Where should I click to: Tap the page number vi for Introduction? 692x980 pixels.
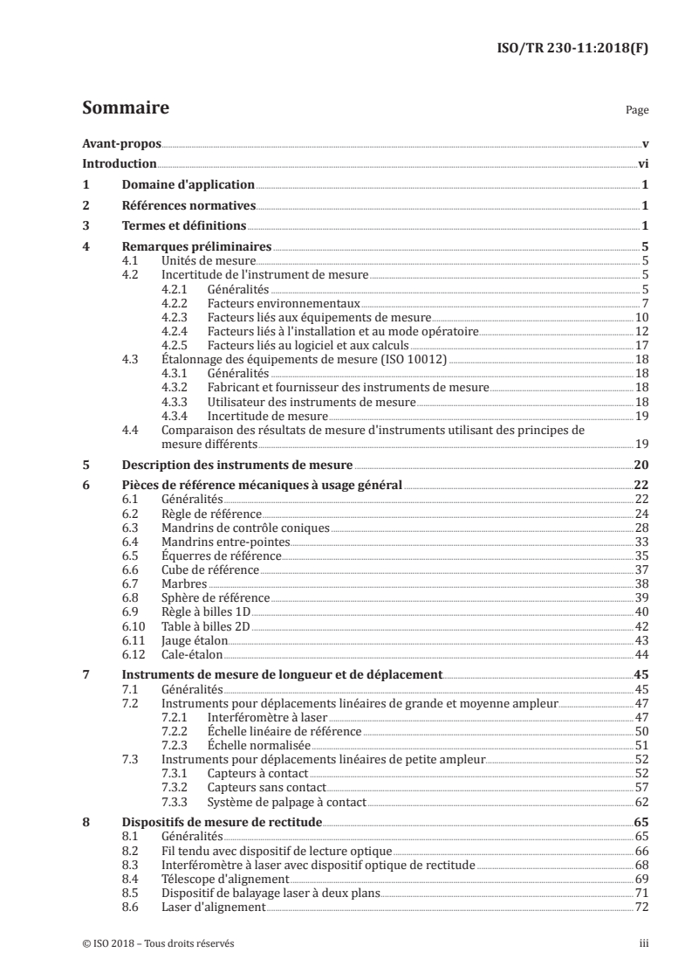click(642, 163)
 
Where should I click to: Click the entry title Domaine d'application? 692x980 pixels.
click(188, 184)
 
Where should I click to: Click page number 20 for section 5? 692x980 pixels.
click(640, 464)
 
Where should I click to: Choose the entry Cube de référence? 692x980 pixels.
click(210, 569)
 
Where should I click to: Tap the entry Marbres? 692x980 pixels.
click(184, 583)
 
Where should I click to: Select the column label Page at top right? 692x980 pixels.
click(637, 111)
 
